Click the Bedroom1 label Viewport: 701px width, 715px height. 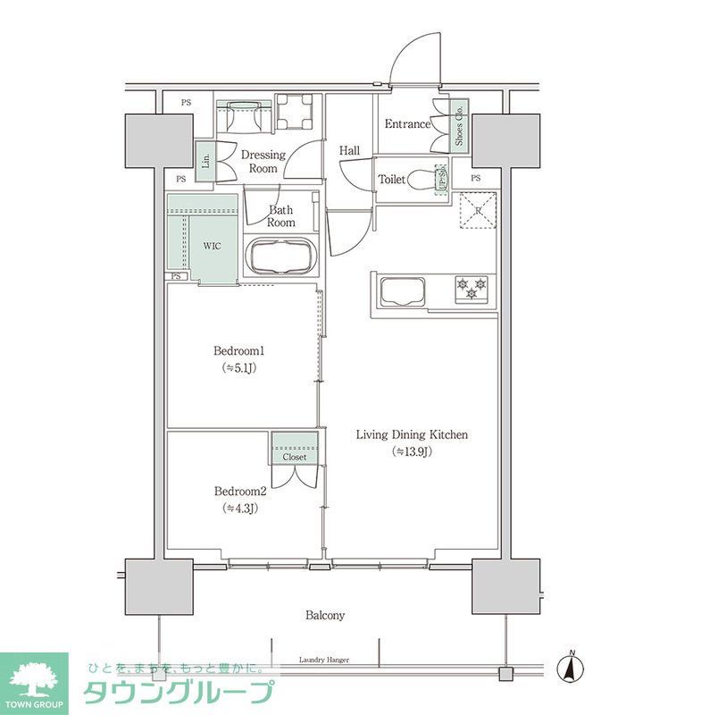(x=238, y=350)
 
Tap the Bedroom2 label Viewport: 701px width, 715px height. (x=240, y=492)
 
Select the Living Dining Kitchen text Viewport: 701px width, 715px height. (x=412, y=435)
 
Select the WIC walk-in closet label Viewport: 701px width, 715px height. (x=212, y=245)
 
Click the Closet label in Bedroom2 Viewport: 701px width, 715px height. (x=295, y=457)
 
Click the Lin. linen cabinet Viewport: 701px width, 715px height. (x=205, y=162)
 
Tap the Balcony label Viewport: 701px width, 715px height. (x=325, y=615)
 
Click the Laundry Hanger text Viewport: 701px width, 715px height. (x=322, y=660)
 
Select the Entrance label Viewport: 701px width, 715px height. (x=406, y=124)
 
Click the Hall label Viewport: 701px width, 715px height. (x=349, y=151)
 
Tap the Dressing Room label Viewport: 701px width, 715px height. (x=263, y=161)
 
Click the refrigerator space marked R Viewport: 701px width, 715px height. (x=478, y=211)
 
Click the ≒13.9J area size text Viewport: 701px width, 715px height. (x=412, y=451)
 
